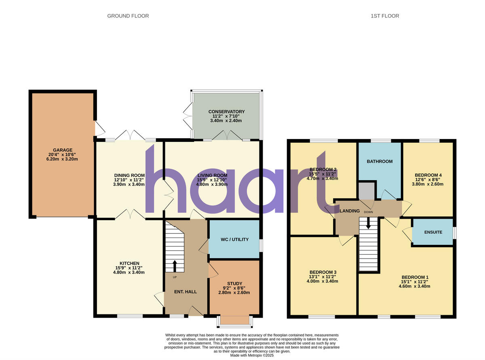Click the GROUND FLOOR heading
click(128, 16)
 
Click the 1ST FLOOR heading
click(385, 16)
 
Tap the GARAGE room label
click(63, 150)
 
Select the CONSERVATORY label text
click(226, 112)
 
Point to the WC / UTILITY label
click(235, 239)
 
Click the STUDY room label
click(235, 284)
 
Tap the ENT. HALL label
click(186, 292)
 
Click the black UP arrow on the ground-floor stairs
click(175, 266)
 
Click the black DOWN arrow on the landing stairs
click(369, 223)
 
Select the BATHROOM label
click(380, 161)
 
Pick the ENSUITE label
click(433, 232)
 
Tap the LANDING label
click(350, 211)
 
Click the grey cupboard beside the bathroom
click(367, 191)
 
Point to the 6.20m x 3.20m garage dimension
click(62, 159)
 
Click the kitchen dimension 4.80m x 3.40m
click(129, 272)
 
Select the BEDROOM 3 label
click(323, 272)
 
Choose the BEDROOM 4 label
click(428, 175)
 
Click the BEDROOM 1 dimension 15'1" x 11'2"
click(415, 282)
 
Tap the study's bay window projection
click(235, 321)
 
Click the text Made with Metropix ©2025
click(252, 356)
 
